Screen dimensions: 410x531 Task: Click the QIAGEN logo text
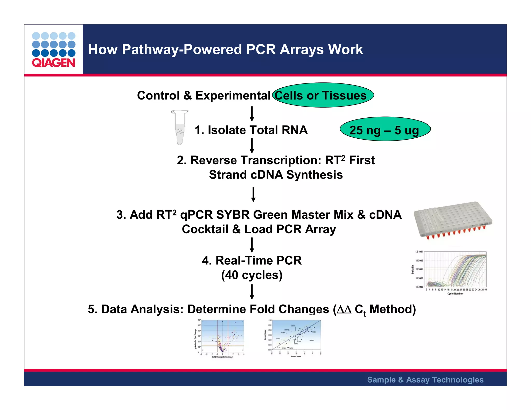pos(53,63)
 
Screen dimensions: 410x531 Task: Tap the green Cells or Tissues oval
pos(323,95)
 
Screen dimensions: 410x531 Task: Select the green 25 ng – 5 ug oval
pos(385,129)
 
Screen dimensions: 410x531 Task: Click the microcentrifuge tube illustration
pos(180,127)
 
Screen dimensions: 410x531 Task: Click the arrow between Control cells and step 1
pos(252,114)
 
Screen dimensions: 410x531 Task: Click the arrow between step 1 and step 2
pos(252,146)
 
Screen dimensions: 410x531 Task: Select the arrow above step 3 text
pos(254,194)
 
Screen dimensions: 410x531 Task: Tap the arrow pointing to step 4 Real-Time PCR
pos(252,245)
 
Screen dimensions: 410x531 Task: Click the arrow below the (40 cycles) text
pos(252,292)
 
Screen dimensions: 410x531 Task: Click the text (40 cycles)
pos(252,275)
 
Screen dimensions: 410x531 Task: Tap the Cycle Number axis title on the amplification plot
pos(455,294)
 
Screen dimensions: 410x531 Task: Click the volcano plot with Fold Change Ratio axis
pos(220,338)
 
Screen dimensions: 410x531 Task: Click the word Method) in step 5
pos(393,309)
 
